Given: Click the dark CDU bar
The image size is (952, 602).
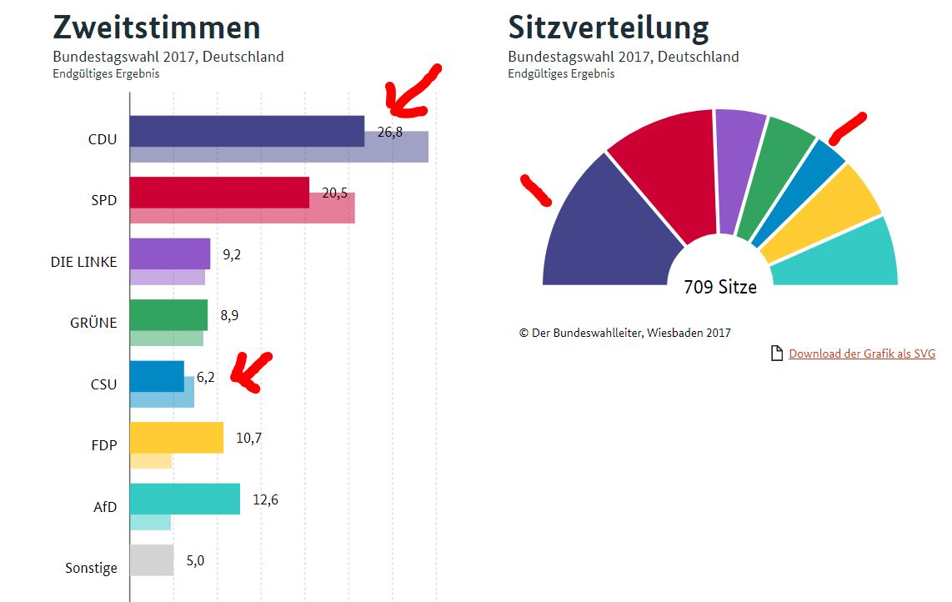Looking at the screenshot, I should pos(247,131).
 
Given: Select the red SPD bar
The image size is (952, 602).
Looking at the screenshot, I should pos(219,192).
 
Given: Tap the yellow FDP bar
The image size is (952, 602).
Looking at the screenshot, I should pos(177,437).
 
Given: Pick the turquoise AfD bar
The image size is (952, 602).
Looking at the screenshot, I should pos(185,499).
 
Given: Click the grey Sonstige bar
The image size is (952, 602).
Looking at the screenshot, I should pos(152,559).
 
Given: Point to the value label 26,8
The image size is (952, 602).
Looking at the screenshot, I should pos(390,131).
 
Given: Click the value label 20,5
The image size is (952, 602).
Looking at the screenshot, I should pos(334,193).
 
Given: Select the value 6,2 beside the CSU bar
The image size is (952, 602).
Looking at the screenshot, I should pos(205,377).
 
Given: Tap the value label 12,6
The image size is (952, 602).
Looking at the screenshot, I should pos(265,499).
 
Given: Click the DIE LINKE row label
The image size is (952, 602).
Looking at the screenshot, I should pos(83,262).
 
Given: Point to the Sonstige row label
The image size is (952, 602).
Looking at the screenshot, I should pos(91,568).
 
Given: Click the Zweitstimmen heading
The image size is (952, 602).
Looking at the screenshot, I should pos(157,28).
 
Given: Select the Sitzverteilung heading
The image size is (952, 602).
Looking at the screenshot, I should pos(609,28).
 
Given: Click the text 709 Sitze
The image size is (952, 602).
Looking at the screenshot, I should pos(720,287).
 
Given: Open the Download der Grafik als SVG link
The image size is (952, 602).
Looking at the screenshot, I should pos(862,354).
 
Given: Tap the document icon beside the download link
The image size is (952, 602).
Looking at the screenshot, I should pos(776,354).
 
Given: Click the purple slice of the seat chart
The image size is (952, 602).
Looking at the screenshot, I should pos(740,171).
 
